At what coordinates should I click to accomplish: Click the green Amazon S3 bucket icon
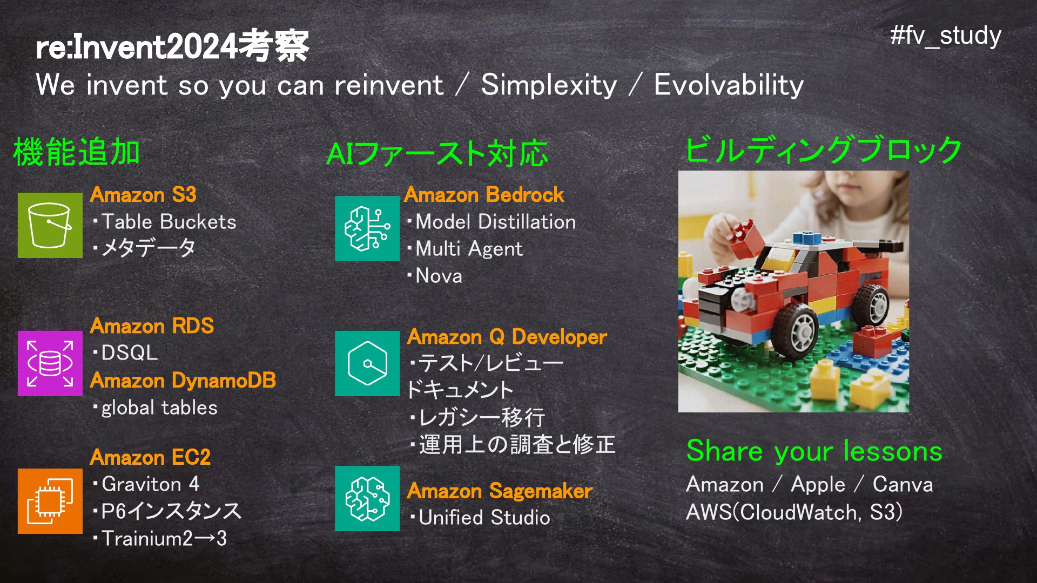(x=50, y=225)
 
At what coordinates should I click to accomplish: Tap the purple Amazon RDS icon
(x=50, y=363)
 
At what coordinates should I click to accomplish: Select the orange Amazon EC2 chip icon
(x=50, y=501)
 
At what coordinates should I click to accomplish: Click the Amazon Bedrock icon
(x=367, y=228)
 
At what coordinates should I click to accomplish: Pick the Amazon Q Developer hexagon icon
(x=367, y=363)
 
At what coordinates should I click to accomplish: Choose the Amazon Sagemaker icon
(x=367, y=498)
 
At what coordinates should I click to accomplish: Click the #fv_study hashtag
(x=946, y=36)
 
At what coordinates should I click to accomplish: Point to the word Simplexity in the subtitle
(x=549, y=85)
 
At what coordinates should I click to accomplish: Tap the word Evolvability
(x=729, y=85)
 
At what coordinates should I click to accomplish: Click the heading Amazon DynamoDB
(x=183, y=381)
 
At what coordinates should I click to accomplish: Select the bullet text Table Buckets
(x=169, y=222)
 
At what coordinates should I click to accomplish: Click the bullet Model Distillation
(x=495, y=222)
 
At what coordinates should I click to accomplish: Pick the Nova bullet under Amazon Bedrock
(x=439, y=276)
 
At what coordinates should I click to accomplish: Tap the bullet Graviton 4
(x=150, y=484)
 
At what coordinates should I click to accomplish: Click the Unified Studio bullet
(x=484, y=518)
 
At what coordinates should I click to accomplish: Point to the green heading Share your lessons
(x=814, y=451)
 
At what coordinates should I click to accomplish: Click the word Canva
(x=903, y=484)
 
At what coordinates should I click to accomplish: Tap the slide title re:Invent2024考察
(x=172, y=46)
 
